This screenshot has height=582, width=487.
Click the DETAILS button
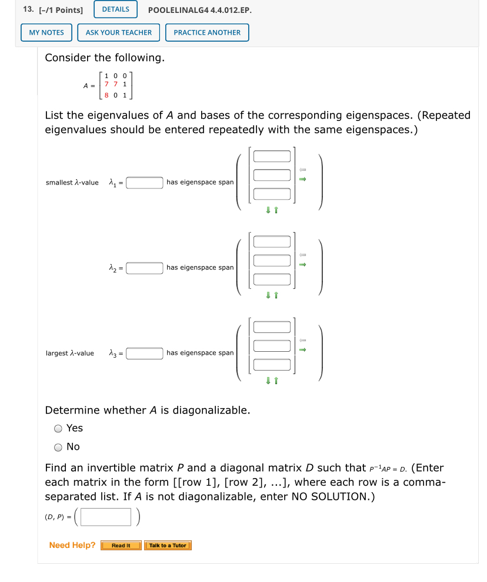(115, 9)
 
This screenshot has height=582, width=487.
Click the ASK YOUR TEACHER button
(118, 32)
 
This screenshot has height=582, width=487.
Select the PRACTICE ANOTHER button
(207, 32)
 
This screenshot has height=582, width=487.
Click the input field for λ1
(145, 183)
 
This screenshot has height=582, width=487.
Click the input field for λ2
(145, 268)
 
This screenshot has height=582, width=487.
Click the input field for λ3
(145, 353)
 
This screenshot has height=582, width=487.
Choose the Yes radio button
(58, 428)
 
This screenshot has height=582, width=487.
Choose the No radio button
(58, 447)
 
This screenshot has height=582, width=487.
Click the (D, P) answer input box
(106, 517)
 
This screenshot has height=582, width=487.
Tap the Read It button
(121, 546)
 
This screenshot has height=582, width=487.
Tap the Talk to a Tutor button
(168, 546)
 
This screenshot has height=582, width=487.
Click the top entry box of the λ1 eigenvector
(272, 156)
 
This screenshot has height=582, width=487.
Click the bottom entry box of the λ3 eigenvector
(272, 365)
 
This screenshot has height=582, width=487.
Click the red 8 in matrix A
(106, 94)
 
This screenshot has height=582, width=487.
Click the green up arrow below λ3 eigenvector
(275, 381)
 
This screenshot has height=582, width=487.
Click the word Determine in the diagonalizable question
(72, 410)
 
